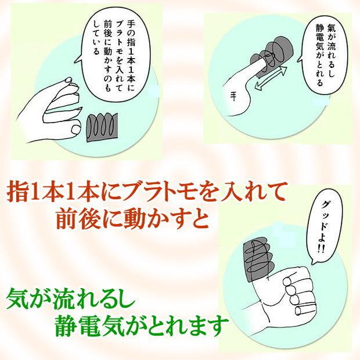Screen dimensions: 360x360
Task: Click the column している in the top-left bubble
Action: (x=96, y=38)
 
